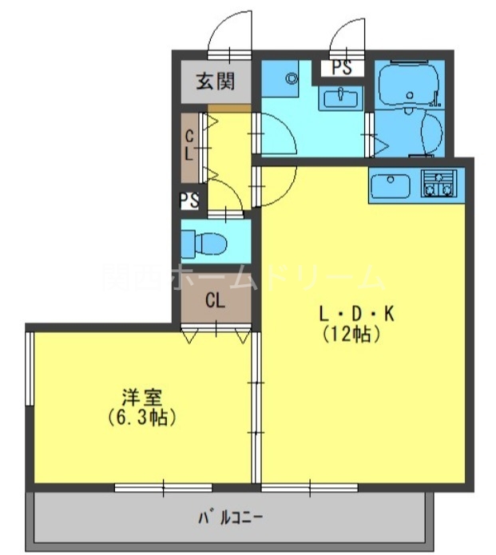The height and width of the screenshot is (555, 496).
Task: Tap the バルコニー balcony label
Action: click(x=232, y=517)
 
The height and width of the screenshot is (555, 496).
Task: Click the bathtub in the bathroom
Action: click(x=410, y=86)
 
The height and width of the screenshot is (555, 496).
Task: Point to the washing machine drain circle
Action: click(x=291, y=78)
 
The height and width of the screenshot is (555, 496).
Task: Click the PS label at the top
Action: click(x=342, y=68)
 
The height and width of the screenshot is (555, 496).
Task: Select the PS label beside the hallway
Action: click(x=189, y=200)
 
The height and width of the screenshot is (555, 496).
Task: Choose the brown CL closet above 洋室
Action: click(x=214, y=302)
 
